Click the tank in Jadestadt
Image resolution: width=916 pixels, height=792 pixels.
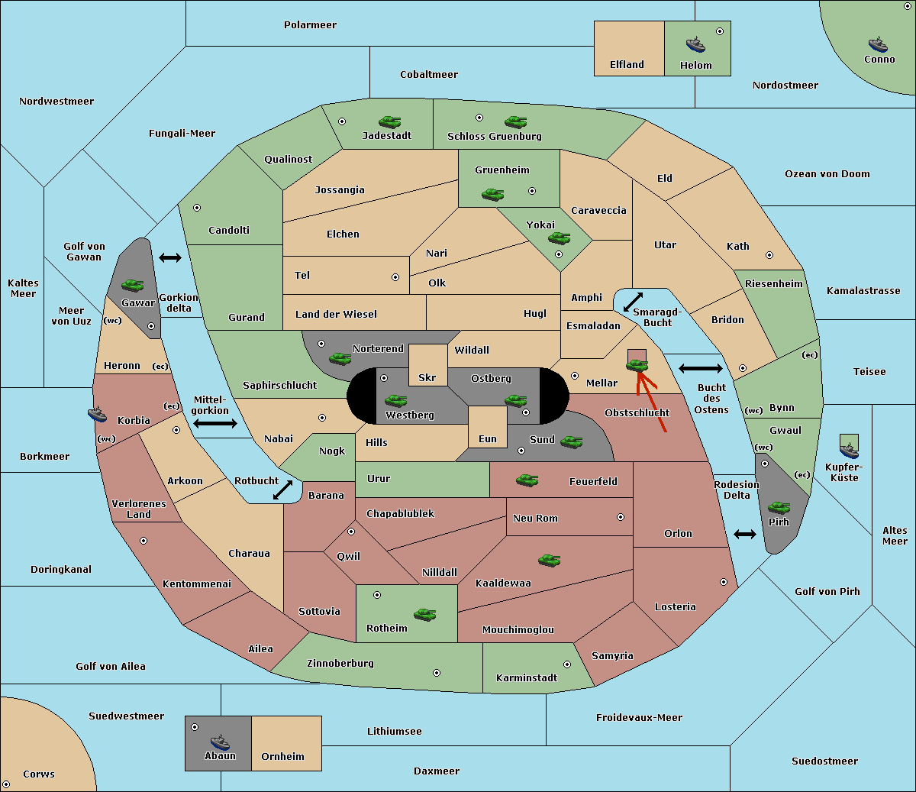(x=390, y=121)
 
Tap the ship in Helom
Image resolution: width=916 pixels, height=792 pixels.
(x=695, y=44)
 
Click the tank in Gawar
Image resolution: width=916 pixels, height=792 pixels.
(x=133, y=285)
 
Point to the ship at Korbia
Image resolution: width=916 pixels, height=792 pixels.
(x=98, y=414)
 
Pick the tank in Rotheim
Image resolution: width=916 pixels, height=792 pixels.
(x=425, y=613)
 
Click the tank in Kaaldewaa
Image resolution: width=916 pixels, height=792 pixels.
(x=549, y=560)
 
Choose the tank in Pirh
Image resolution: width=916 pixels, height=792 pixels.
(x=779, y=507)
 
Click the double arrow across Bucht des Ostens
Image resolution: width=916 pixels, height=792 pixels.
(x=700, y=369)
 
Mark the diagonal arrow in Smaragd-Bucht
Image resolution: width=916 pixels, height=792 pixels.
(x=633, y=302)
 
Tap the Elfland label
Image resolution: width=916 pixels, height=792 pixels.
(x=627, y=65)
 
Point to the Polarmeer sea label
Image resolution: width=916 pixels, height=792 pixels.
(x=310, y=25)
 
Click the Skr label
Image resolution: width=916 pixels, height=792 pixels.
(x=427, y=378)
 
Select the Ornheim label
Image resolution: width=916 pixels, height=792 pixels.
(x=282, y=757)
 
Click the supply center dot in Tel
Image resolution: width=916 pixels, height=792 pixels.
(x=395, y=277)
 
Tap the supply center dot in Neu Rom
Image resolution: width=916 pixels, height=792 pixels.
(x=621, y=517)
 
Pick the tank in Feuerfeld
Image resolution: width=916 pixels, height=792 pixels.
(x=527, y=480)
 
